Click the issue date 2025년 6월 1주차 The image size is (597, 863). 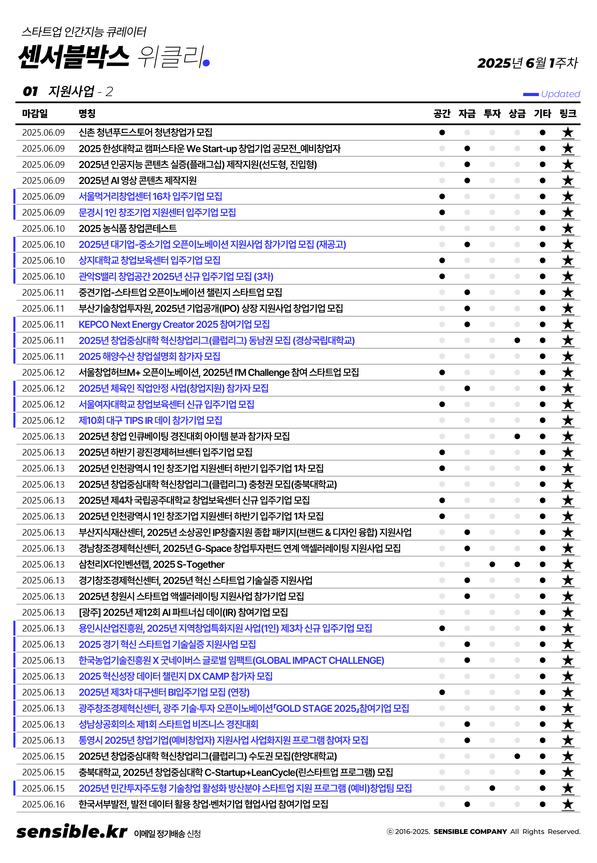(x=528, y=63)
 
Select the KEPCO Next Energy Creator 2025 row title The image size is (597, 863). (x=174, y=324)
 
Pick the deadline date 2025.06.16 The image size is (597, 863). (x=43, y=804)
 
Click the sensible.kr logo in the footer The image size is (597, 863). (x=72, y=832)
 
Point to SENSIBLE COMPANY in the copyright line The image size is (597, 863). (x=470, y=832)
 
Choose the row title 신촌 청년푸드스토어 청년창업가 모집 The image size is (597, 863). (x=145, y=133)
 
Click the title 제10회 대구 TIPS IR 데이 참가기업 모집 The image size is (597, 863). (x=150, y=420)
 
